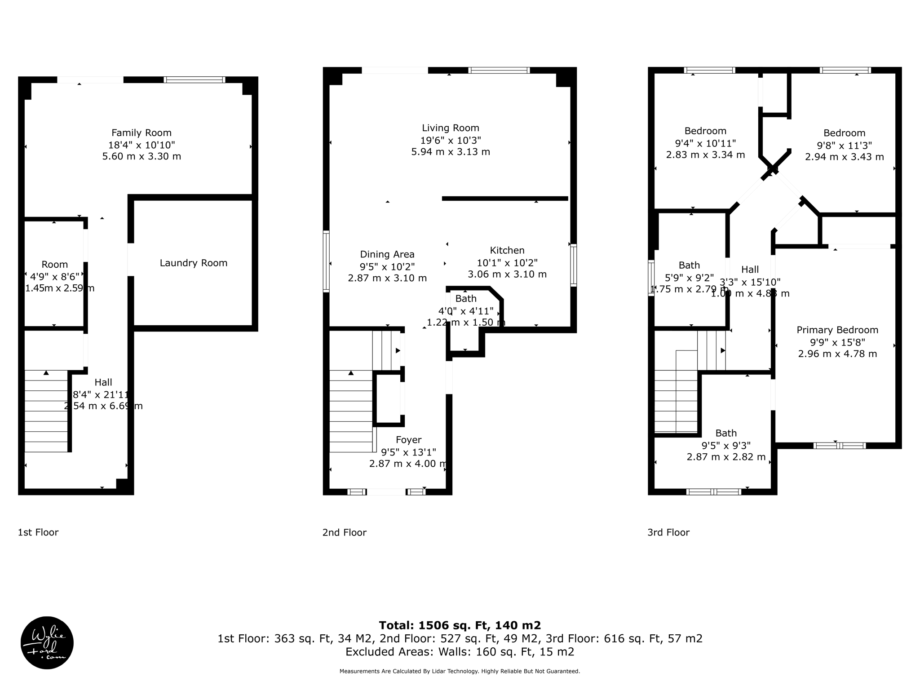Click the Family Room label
pos(142,133)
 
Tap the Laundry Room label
pos(194,263)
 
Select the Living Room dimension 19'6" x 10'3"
pos(451,140)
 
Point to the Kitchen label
pos(507,251)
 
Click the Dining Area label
pos(387,255)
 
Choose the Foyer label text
pos(408,440)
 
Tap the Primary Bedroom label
pos(837,330)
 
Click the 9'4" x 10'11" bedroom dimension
pos(705,143)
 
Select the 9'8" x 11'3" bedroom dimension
pos(844,146)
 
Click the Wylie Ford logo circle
pos(47,643)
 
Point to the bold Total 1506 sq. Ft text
pos(460,625)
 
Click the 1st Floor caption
pos(38,532)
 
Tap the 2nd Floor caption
pos(345,533)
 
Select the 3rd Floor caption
pos(668,533)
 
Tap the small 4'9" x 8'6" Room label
pos(54,265)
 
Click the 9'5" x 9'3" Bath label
pos(726,433)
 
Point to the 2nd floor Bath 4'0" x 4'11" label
pos(466,299)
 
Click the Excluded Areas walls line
pos(460,652)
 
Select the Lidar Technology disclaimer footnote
pos(460,672)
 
